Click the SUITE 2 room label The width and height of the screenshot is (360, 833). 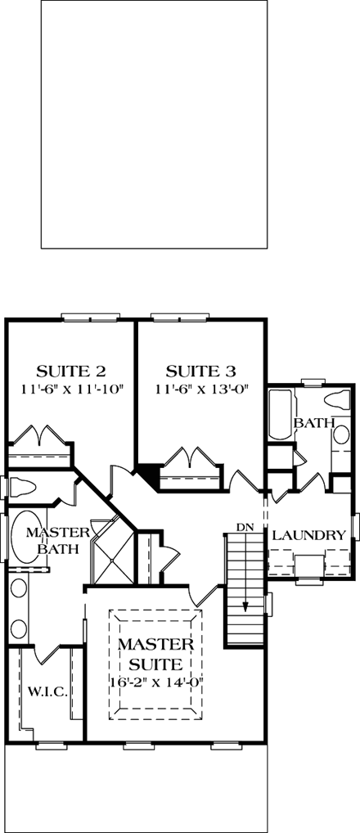tap(71, 369)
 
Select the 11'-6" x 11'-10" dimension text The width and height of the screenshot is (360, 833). tap(71, 389)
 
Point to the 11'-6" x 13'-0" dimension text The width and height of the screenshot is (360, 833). tap(200, 389)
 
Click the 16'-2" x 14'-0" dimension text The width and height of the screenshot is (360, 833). tap(155, 681)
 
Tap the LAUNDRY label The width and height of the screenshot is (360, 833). tap(308, 535)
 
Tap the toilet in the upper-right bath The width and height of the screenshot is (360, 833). tap(335, 401)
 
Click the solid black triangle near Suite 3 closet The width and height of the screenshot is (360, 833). tap(148, 473)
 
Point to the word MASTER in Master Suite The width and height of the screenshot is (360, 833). tap(155, 644)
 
